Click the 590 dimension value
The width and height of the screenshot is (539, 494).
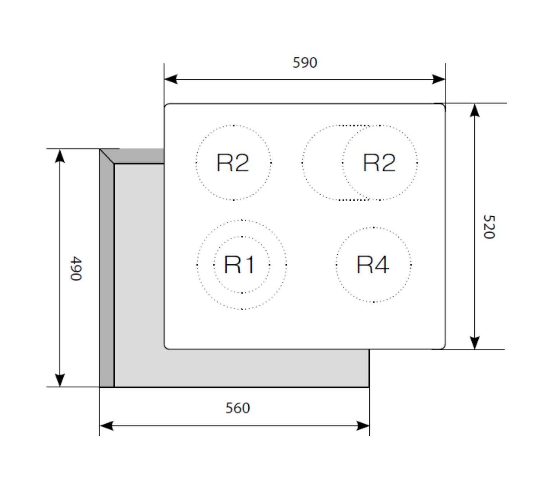tap(305, 63)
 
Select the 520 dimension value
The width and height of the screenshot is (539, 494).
tap(489, 227)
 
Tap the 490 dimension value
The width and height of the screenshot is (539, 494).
tap(76, 268)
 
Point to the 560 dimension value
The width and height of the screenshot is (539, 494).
tap(238, 408)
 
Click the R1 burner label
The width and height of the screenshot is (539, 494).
tap(239, 265)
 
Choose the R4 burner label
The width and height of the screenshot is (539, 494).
tap(373, 265)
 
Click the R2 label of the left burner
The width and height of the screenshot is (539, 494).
tap(233, 163)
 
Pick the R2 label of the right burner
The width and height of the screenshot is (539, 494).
tap(379, 163)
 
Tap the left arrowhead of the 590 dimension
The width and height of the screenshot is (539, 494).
tap(170, 79)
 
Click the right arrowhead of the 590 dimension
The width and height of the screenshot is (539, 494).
tap(439, 79)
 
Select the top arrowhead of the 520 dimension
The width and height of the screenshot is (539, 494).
tap(475, 110)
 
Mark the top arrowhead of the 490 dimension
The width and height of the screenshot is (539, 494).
tap(60, 156)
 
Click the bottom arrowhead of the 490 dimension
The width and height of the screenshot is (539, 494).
tap(60, 380)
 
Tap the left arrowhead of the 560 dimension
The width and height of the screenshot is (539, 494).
tap(106, 426)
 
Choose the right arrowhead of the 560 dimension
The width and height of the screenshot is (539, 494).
tap(363, 426)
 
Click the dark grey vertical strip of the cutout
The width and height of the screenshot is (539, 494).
tap(107, 273)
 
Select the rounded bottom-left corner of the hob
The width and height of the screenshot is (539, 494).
tap(166, 347)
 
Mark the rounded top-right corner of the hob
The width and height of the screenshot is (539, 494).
tap(443, 106)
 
